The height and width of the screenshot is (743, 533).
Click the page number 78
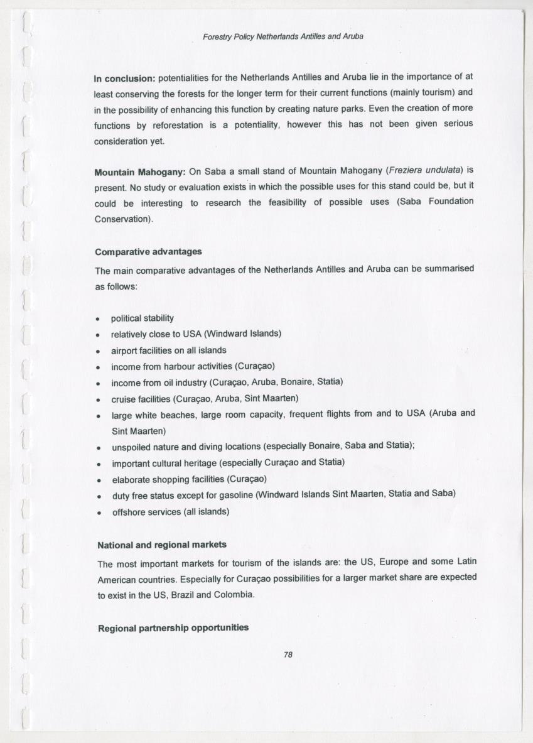tap(288, 654)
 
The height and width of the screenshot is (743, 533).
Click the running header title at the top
tap(283, 36)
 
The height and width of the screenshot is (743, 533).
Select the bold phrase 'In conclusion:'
tap(124, 79)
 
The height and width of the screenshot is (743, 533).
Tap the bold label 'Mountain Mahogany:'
tap(139, 172)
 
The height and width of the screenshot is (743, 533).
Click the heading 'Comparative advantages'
tap(148, 252)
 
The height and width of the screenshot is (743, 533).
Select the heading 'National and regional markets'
tap(162, 545)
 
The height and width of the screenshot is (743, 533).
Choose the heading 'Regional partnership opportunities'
tap(173, 628)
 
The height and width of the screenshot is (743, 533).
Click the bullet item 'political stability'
tap(143, 318)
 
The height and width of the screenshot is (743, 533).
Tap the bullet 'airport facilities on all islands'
tap(168, 350)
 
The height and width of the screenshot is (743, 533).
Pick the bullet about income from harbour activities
tap(193, 366)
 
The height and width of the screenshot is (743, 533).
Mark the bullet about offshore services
tap(171, 512)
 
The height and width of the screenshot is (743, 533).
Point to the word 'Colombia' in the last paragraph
tap(234, 594)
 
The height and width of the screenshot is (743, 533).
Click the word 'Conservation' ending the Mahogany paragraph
tap(122, 219)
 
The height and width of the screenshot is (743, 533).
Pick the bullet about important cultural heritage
tap(228, 463)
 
